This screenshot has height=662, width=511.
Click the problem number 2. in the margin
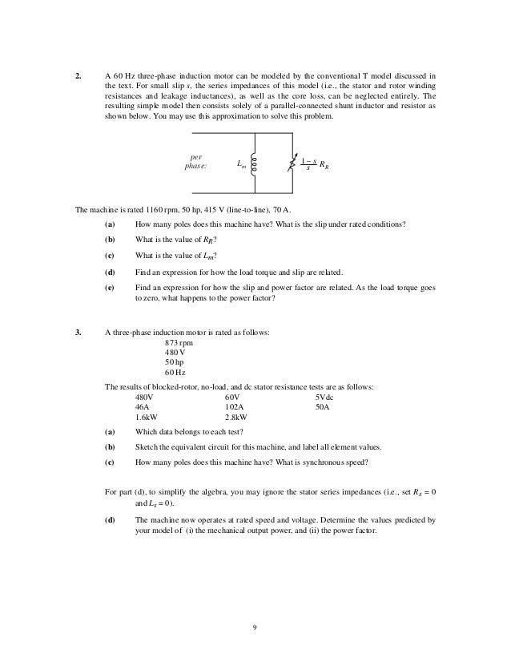coord(78,75)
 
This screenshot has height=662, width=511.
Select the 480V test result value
coord(145,397)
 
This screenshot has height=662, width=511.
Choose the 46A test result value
coord(143,407)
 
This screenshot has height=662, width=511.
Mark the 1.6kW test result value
coord(147,418)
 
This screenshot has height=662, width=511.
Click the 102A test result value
coord(235,407)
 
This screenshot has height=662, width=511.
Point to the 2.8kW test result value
coord(237,418)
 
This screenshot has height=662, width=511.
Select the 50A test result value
coord(323,407)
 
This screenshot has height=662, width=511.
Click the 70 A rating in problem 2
coord(284,210)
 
